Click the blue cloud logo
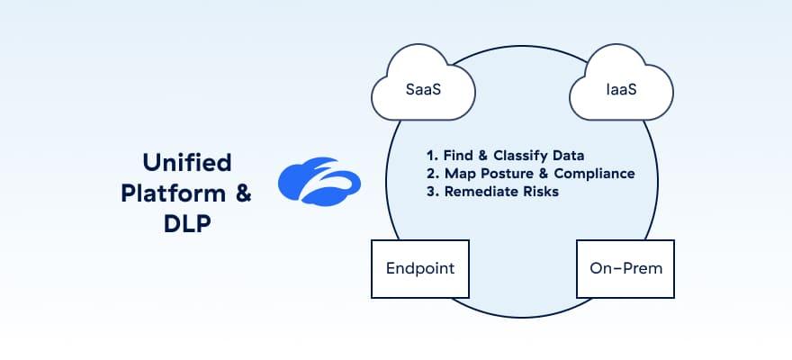[319, 180]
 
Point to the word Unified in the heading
[187, 162]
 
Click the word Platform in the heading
[176, 193]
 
